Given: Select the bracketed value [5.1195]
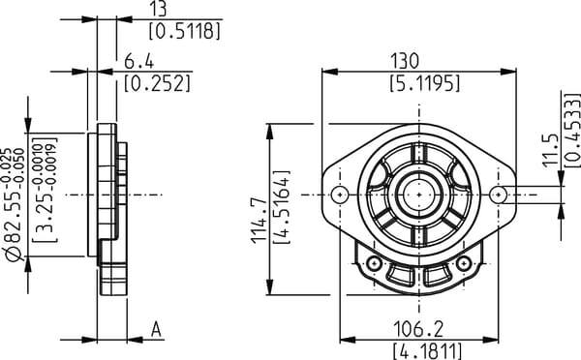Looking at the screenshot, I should click(x=417, y=83).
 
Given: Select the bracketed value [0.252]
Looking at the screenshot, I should click(x=157, y=83).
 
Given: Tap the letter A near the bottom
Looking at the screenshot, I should click(x=156, y=329).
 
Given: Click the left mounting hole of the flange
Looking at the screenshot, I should click(x=338, y=195).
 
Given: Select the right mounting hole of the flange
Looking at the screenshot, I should click(x=497, y=195).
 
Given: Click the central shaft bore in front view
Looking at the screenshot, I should click(x=417, y=195).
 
